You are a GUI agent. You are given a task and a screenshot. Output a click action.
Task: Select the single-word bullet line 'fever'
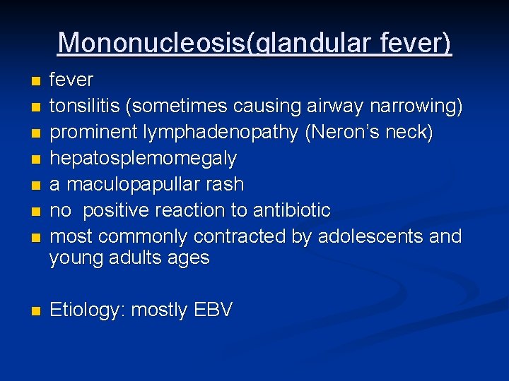point(71,80)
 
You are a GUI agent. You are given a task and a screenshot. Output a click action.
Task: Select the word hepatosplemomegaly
point(144,159)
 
